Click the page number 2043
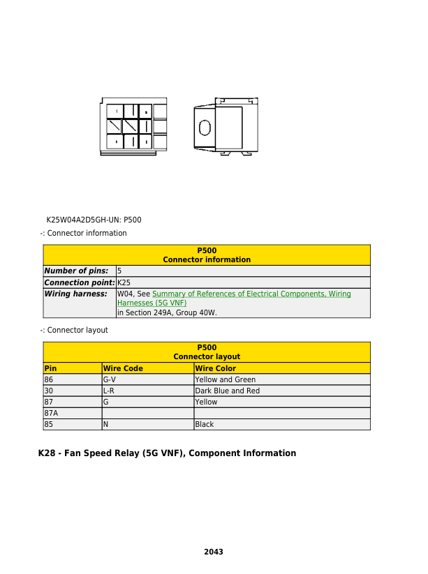point(213,552)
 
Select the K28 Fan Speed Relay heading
point(167,453)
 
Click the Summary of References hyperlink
point(251,294)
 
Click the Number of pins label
point(76,271)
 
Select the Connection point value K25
point(124,282)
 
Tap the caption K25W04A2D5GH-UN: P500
point(94,220)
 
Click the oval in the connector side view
point(205,128)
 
